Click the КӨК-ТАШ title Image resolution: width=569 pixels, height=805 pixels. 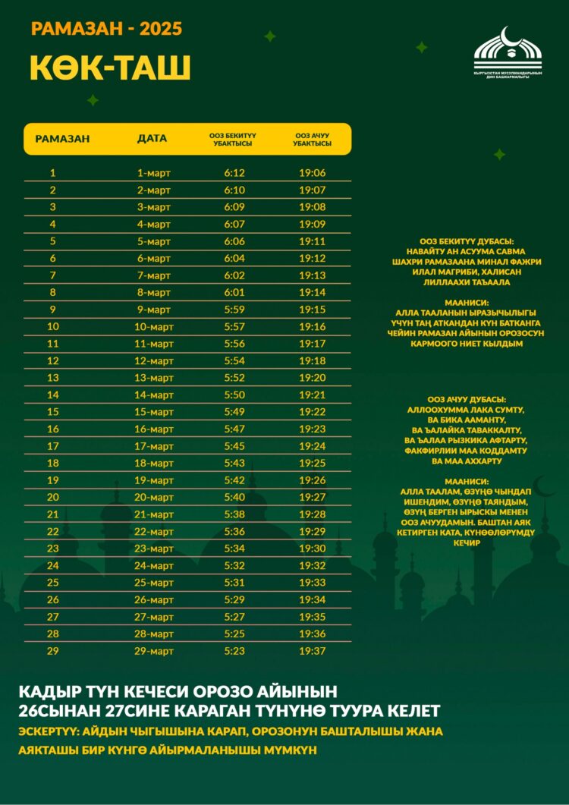coord(110,68)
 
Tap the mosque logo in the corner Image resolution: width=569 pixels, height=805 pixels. coord(508,52)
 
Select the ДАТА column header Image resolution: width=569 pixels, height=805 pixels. coord(152,139)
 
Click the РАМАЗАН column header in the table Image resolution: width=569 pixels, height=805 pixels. coord(62,139)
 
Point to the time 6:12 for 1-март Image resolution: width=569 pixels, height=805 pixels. coord(234,173)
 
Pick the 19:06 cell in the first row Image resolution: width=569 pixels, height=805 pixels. coord(312,173)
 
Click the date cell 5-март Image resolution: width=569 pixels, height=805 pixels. coord(154,241)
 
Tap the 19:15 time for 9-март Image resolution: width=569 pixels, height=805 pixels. coord(312,310)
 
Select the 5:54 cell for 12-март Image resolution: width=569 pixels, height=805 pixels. coord(234,360)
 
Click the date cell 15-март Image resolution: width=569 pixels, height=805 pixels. coord(154,412)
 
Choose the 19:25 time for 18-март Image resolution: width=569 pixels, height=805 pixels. coord(312,463)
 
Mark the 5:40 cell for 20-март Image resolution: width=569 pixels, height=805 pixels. coord(234,497)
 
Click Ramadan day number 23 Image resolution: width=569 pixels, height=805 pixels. coord(53,549)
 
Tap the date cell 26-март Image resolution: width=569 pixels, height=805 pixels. coord(154,599)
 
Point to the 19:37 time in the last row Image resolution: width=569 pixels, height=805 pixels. coord(312,651)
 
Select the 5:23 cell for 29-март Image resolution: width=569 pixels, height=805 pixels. coord(234,651)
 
